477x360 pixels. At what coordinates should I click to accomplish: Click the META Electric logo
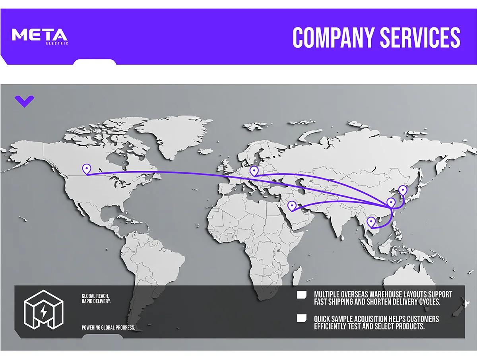pos(40,35)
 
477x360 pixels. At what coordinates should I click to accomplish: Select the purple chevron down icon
pos(24,101)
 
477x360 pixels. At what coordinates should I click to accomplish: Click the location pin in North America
pos(86,169)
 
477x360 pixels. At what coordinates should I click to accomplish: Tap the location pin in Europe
pos(254,171)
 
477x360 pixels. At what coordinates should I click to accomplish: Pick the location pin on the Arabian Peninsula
pos(292,205)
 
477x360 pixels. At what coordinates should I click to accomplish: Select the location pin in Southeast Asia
pos(371,222)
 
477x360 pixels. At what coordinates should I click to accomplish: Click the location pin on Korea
pos(403,190)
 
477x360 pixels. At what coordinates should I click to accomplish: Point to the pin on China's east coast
pos(391,203)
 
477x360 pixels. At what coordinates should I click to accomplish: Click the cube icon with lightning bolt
pos(43,309)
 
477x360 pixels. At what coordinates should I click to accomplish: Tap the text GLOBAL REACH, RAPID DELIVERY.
pos(96,299)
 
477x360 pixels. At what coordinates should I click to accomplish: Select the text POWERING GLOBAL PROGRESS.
pos(108,328)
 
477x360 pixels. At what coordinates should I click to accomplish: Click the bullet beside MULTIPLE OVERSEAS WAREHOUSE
pos(302,294)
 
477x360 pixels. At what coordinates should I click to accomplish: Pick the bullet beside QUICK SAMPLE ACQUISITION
pos(302,318)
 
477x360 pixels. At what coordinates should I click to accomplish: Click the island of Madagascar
pos(295,274)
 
